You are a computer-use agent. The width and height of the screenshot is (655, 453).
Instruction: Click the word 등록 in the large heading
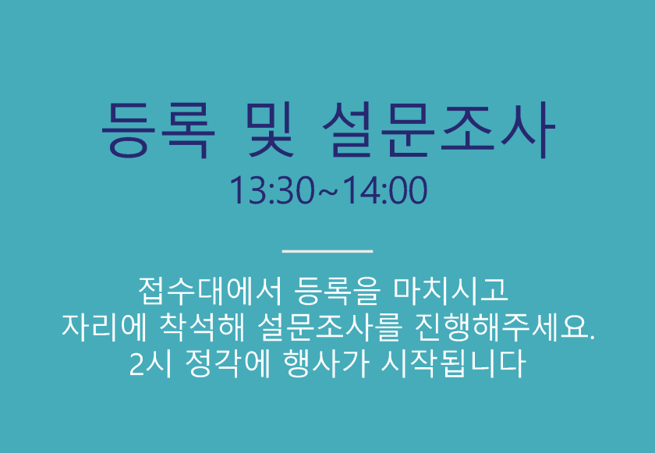pyautogui.click(x=158, y=129)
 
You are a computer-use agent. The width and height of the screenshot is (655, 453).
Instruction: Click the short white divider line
pyautogui.click(x=327, y=251)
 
